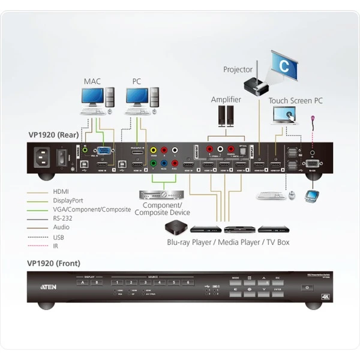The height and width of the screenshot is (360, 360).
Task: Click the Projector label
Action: click(238, 70)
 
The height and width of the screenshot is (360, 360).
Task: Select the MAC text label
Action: click(93, 81)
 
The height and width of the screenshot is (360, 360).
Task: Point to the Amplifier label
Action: click(226, 100)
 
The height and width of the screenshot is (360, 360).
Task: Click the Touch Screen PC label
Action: click(295, 101)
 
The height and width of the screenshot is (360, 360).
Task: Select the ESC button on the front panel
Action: click(277, 278)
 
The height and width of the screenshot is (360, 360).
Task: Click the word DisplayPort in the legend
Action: click(70, 200)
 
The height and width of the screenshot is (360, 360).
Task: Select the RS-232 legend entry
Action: click(65, 219)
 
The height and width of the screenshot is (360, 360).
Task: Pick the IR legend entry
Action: click(55, 246)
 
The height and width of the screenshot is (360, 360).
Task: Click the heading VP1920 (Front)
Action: click(53, 263)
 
